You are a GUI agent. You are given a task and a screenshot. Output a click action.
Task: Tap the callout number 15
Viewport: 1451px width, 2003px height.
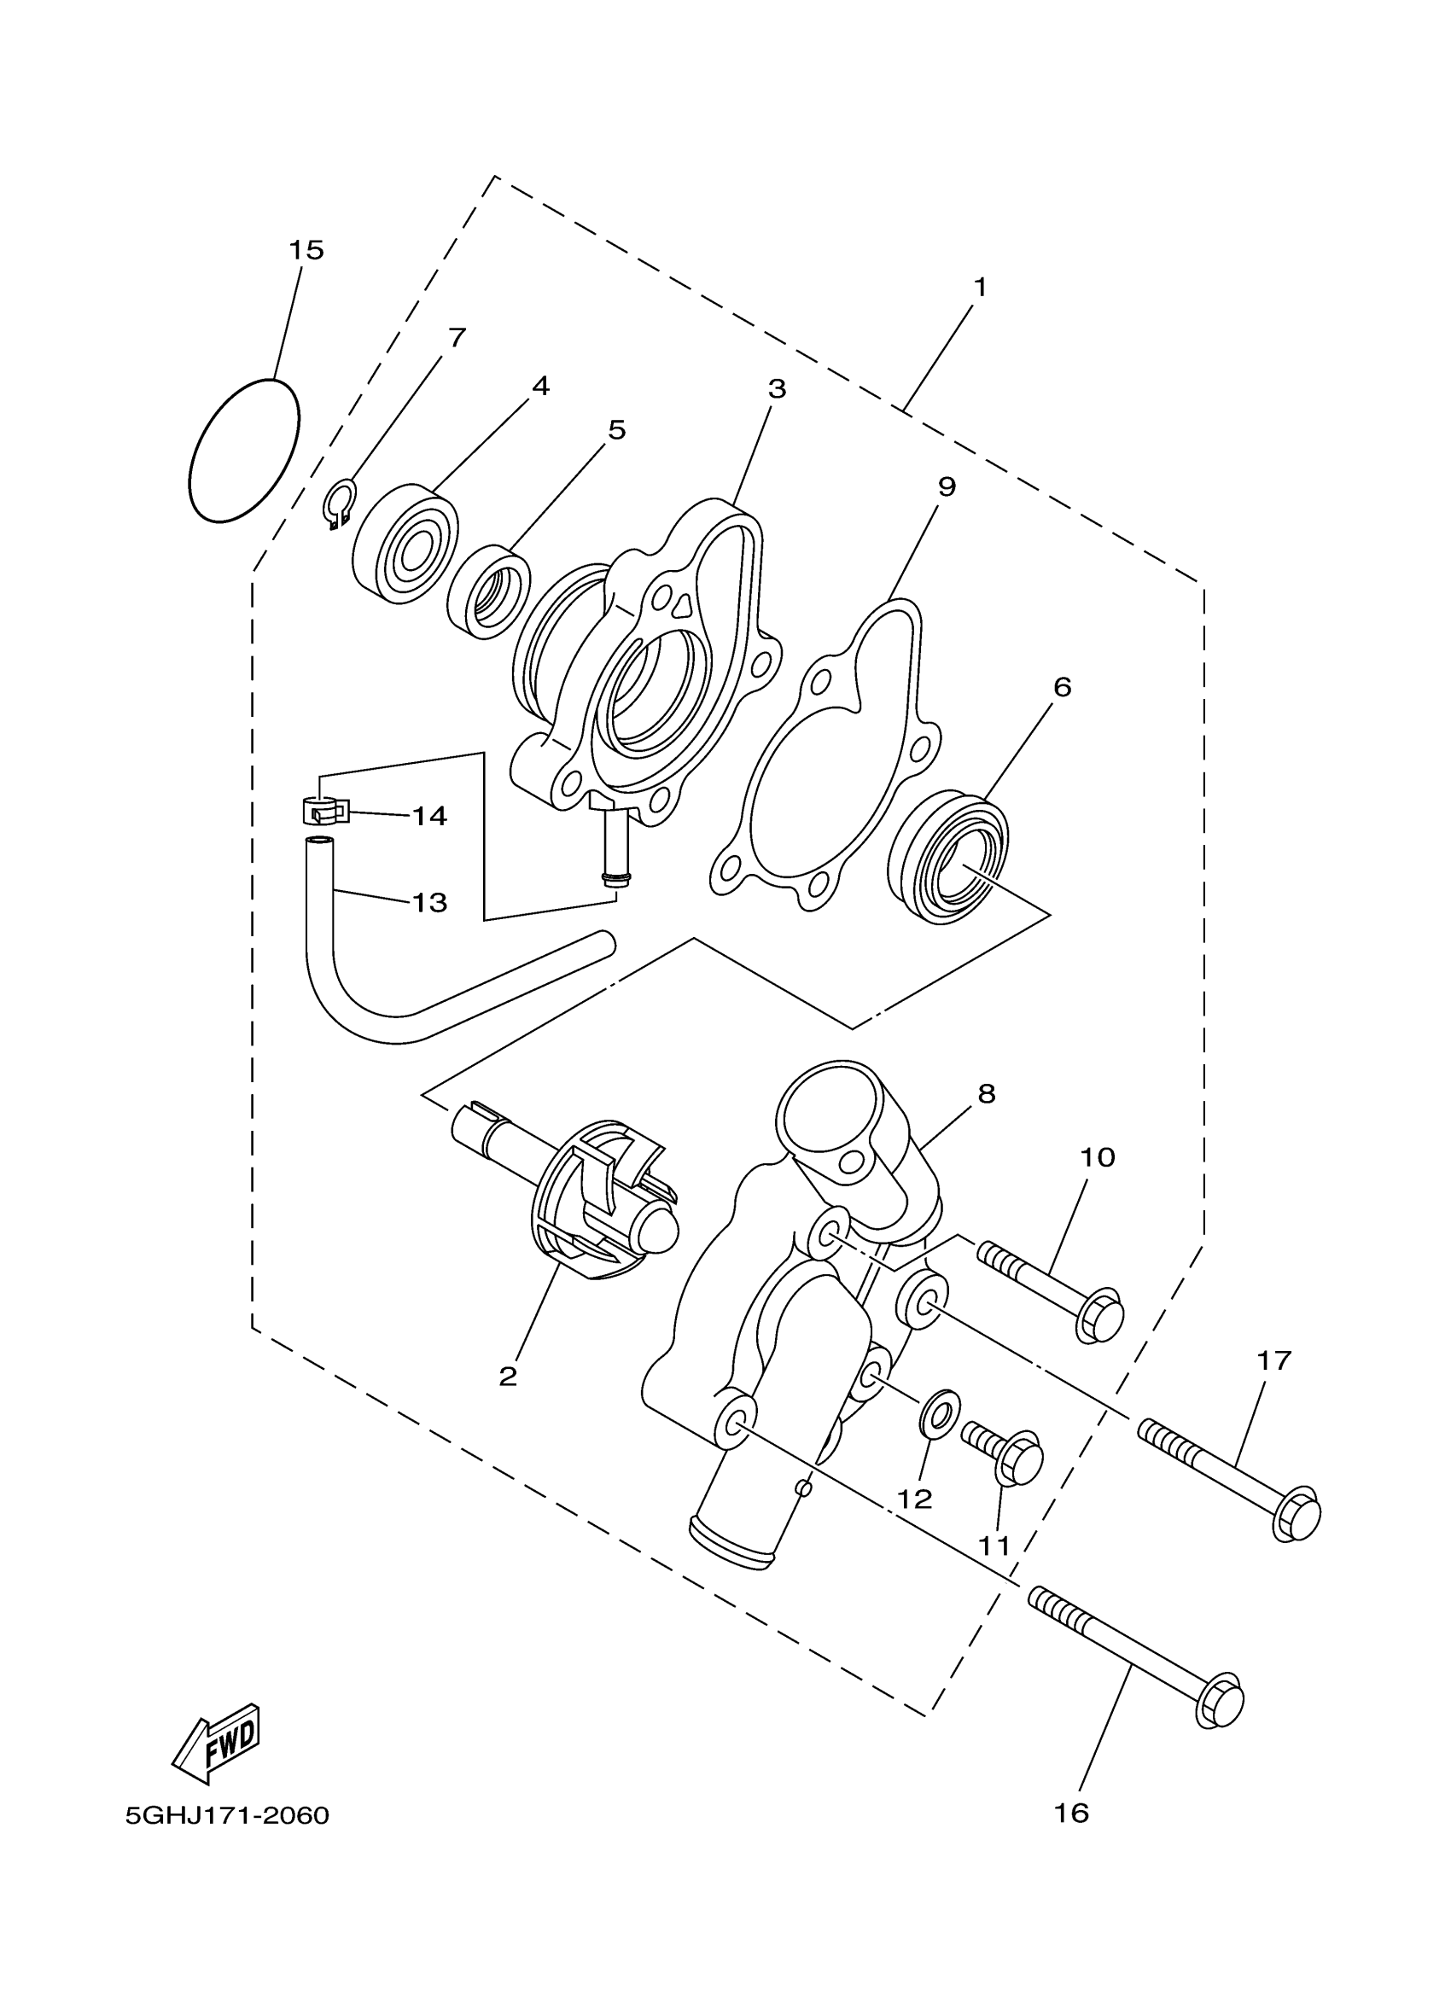point(306,250)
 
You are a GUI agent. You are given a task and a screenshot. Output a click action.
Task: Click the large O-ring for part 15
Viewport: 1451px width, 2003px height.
point(245,451)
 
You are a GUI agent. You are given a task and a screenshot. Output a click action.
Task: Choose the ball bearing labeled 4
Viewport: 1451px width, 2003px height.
point(405,543)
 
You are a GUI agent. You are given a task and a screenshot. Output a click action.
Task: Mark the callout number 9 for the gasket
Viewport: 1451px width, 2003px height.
point(947,486)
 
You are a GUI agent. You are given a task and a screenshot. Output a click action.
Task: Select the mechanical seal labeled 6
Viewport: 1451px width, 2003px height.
point(950,858)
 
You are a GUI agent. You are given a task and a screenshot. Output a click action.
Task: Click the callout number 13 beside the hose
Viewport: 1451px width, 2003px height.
point(430,903)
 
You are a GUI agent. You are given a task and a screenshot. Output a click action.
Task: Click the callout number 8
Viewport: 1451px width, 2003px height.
point(987,1094)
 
